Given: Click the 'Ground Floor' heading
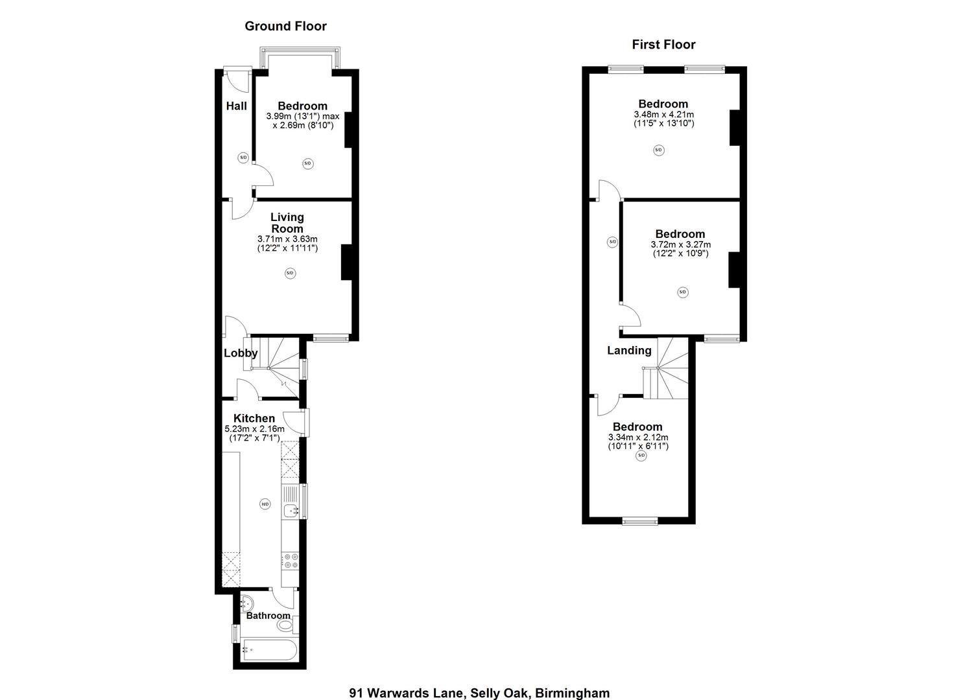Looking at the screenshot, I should click(x=285, y=27).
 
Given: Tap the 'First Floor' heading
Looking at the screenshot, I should click(x=663, y=45).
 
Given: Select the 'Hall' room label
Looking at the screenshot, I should click(x=236, y=106).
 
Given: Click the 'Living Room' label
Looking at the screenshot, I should click(x=287, y=223).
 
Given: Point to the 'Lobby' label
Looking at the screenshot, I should click(x=241, y=353).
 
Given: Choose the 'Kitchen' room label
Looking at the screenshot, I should click(x=254, y=419).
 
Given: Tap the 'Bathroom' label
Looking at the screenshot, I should click(x=268, y=616).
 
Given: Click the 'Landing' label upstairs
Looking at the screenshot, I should click(x=629, y=351).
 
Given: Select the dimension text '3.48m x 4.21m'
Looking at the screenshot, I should click(x=663, y=115).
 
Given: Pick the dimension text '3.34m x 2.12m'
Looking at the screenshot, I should click(x=637, y=437).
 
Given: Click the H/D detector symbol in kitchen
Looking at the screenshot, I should click(x=265, y=504).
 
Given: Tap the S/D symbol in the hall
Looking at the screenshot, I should click(x=243, y=157).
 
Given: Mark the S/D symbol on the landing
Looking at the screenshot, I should click(x=612, y=242).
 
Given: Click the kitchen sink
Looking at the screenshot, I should click(x=291, y=510).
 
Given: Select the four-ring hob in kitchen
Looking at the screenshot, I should click(x=290, y=561).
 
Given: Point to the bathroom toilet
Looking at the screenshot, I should click(x=285, y=626).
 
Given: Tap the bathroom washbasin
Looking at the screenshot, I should click(x=246, y=603).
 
